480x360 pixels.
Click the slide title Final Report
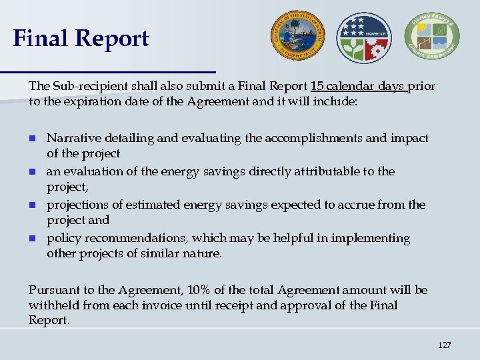[x=81, y=39]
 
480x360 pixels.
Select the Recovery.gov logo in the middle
[x=365, y=37]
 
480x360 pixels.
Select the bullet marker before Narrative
[x=32, y=139]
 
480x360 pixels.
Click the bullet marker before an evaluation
[x=32, y=172]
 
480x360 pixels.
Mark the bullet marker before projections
[x=32, y=205]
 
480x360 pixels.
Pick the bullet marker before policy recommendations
[x=32, y=239]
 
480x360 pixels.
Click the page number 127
[x=444, y=345]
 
